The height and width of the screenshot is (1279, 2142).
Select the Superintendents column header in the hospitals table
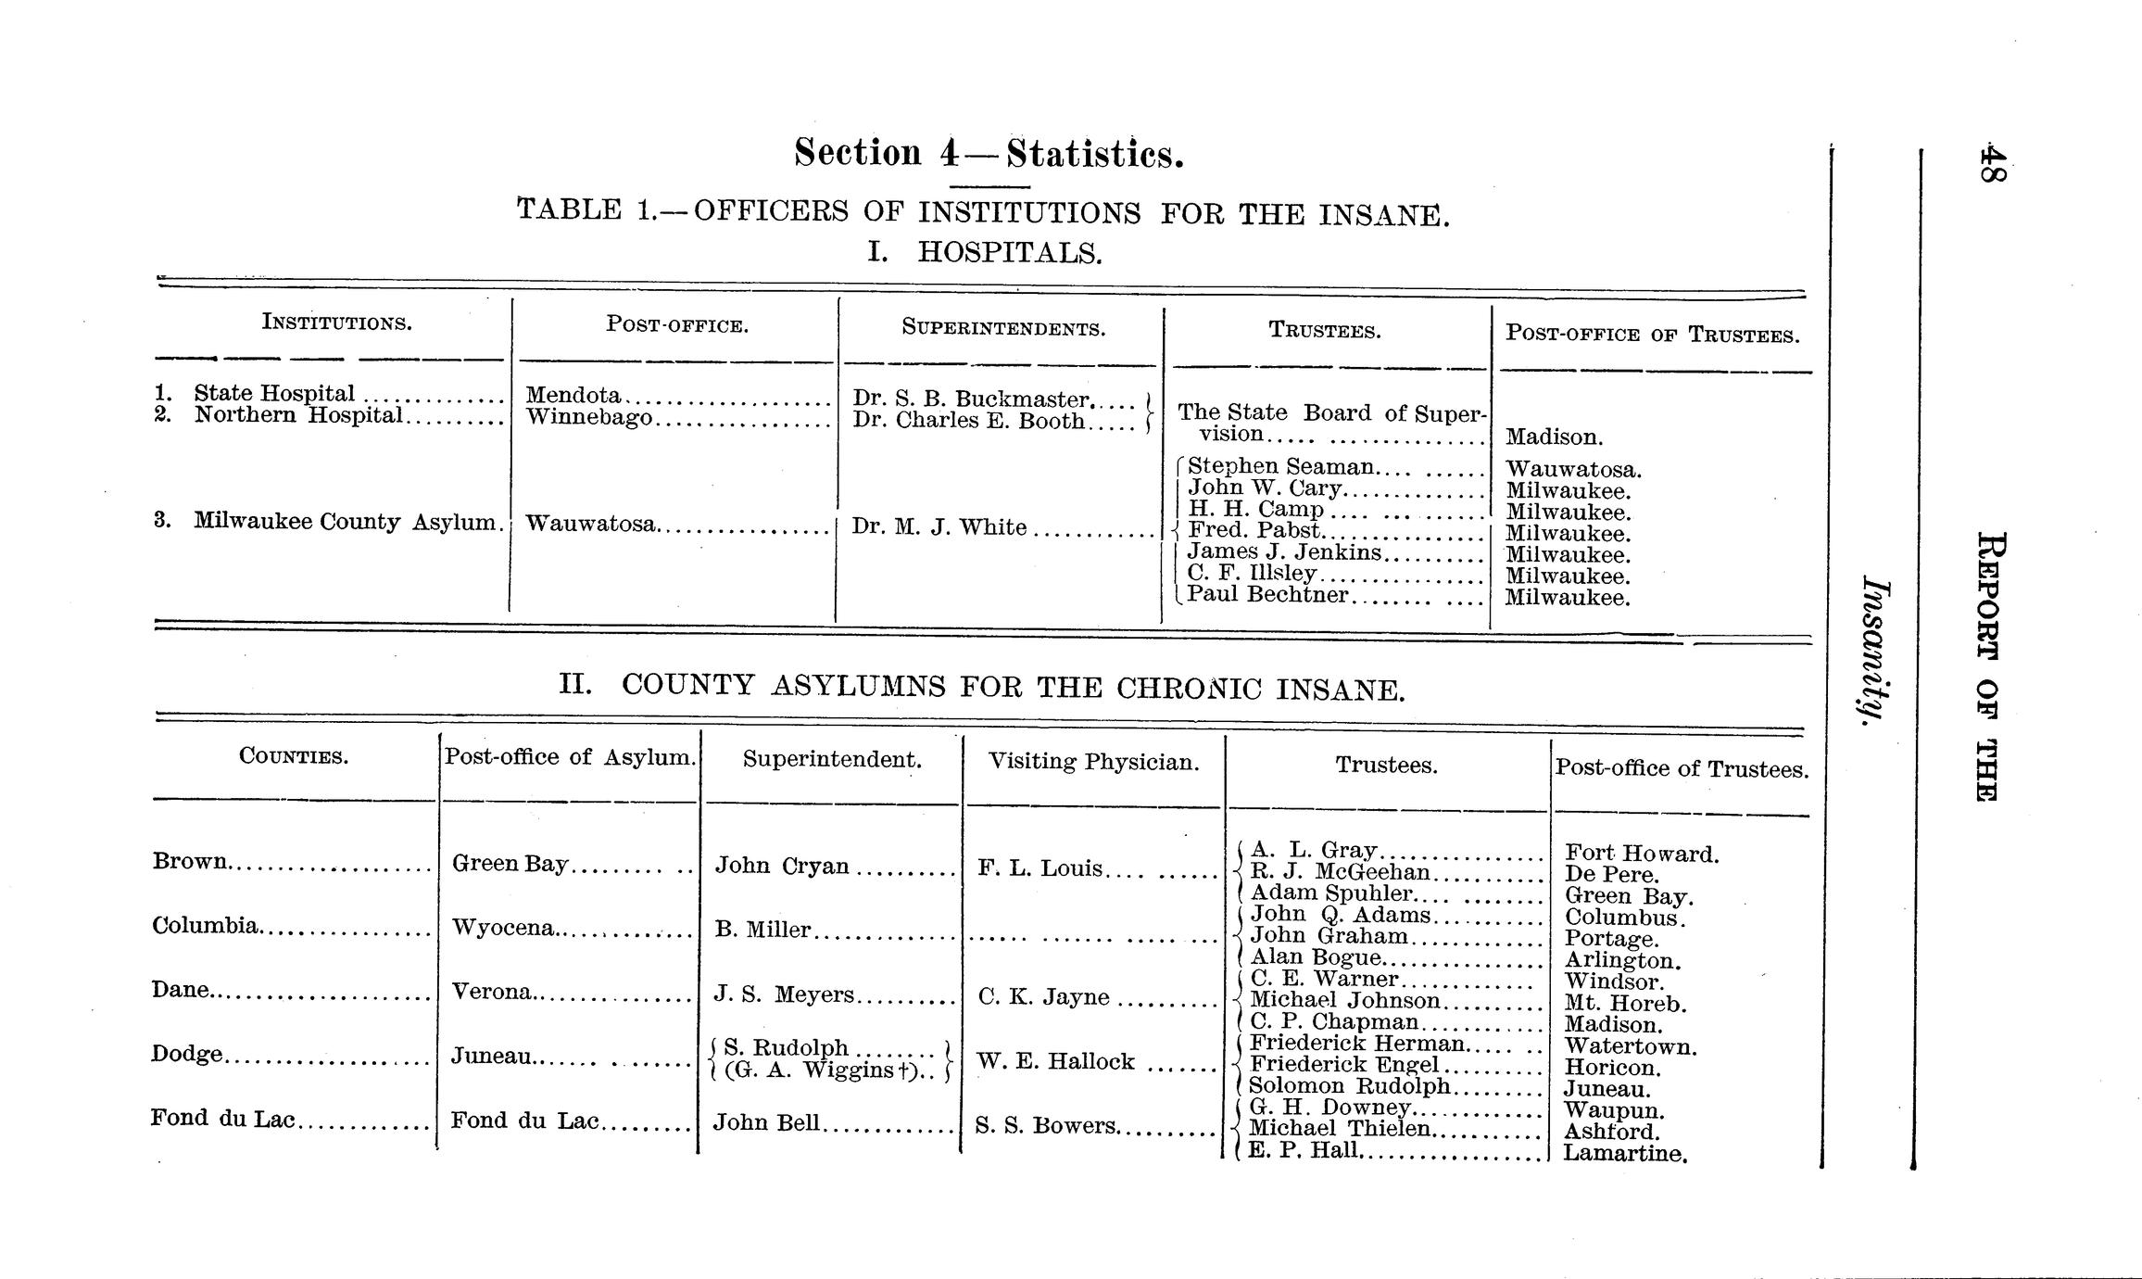coord(1003,328)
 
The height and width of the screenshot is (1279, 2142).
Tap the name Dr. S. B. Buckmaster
coord(971,399)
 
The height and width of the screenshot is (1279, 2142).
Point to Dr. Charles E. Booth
coord(968,421)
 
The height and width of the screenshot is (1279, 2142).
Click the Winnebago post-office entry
coord(589,418)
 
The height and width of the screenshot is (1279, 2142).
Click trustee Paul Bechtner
coord(1266,595)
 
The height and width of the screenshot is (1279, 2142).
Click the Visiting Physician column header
coord(1093,762)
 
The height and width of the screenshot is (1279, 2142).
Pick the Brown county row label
coord(189,861)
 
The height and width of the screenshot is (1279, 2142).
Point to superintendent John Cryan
coord(782,866)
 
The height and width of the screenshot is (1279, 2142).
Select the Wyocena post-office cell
coord(503,928)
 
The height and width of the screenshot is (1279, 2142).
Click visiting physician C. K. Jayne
coord(1043,997)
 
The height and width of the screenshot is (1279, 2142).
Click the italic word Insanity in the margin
coord(1874,648)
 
